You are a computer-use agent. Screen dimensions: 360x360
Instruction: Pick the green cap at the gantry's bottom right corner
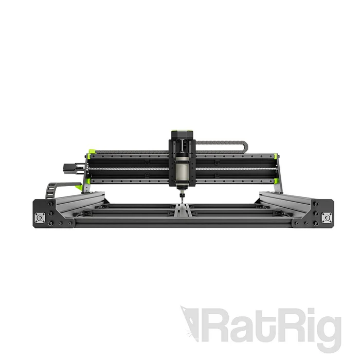277,180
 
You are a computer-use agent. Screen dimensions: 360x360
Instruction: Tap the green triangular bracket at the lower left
79,187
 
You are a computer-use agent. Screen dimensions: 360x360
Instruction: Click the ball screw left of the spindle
129,168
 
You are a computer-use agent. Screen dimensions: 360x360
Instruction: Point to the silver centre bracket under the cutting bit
181,208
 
